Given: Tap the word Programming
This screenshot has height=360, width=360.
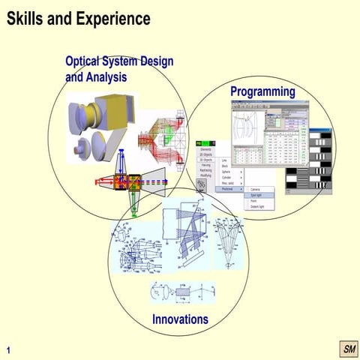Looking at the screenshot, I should [x=262, y=91].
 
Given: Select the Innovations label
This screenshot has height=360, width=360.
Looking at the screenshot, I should [x=180, y=319].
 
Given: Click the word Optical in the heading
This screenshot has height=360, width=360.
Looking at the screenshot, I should [x=86, y=61].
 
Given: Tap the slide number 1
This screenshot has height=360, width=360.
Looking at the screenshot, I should [x=8, y=349].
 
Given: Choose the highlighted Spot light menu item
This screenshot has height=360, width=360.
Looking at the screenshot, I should [x=257, y=195].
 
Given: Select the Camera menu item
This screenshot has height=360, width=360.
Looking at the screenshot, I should [x=256, y=189].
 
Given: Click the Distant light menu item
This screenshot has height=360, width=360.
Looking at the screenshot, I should [x=258, y=206].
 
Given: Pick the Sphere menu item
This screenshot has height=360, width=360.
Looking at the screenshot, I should [x=226, y=172].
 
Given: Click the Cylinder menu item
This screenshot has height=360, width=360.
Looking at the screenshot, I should [x=226, y=178].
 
